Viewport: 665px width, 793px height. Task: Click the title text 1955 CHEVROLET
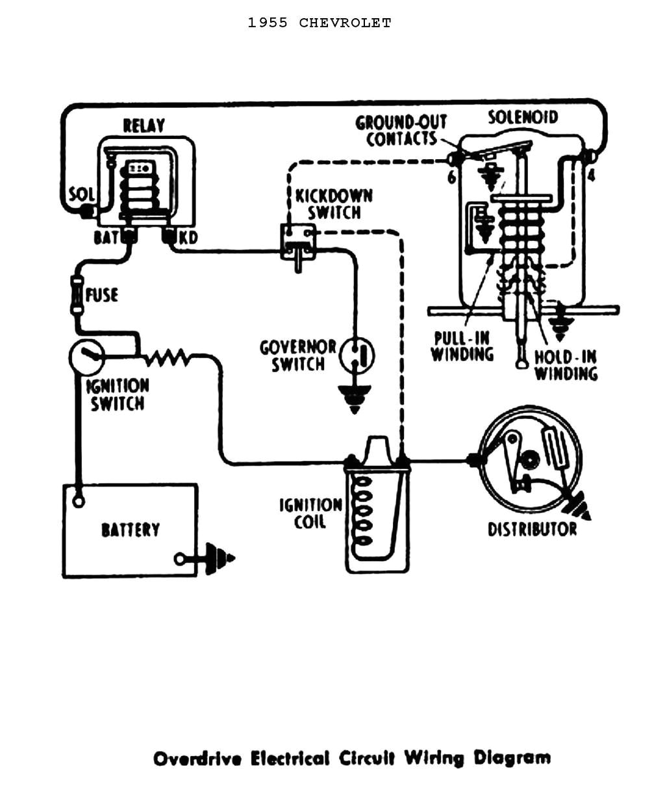[x=319, y=23]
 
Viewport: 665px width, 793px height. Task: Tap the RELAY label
[x=144, y=125]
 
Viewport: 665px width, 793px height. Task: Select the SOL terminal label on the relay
[x=82, y=194]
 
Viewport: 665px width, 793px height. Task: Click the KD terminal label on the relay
[x=188, y=238]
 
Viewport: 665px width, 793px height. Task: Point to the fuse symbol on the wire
[x=77, y=296]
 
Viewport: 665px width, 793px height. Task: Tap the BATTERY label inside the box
[x=130, y=530]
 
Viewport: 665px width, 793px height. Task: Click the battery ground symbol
[x=218, y=559]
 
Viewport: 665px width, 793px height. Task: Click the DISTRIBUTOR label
[x=532, y=529]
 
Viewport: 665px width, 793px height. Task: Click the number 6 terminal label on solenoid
[x=451, y=177]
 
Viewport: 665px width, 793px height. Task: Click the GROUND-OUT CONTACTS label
[x=401, y=131]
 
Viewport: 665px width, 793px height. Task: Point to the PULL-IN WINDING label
[x=462, y=346]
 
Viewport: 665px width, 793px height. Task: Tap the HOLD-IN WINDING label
[x=565, y=365]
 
